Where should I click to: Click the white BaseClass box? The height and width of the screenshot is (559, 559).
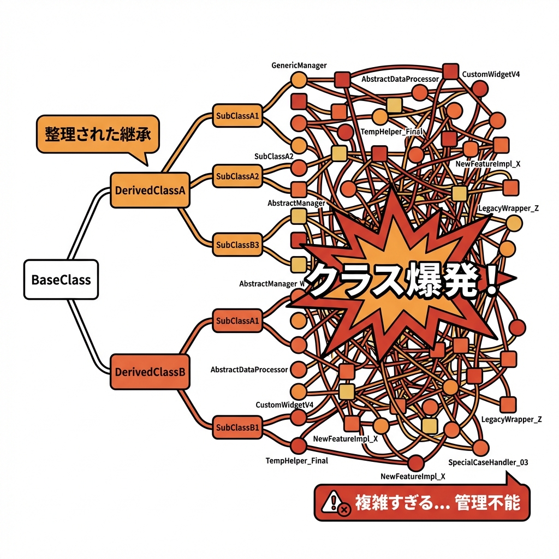point(61,279)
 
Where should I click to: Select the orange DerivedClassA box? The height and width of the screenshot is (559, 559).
point(150,191)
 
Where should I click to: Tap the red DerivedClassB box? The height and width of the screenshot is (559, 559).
point(150,372)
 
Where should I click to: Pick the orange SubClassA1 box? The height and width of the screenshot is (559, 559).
point(237,116)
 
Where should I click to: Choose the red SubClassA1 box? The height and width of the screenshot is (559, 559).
point(237,320)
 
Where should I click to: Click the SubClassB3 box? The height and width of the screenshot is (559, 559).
point(237,245)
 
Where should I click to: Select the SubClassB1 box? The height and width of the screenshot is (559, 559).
point(237,426)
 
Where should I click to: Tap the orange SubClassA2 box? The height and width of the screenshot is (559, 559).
point(237,176)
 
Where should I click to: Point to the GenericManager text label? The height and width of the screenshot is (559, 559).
point(299,66)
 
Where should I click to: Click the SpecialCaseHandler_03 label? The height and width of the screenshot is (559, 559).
point(488,462)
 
